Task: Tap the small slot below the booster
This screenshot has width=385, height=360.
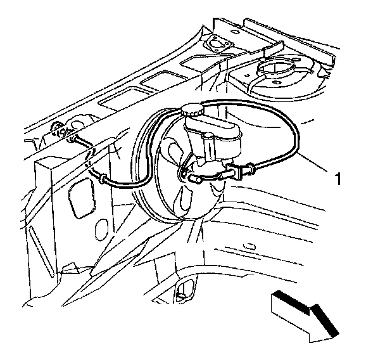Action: (x=250, y=245)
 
